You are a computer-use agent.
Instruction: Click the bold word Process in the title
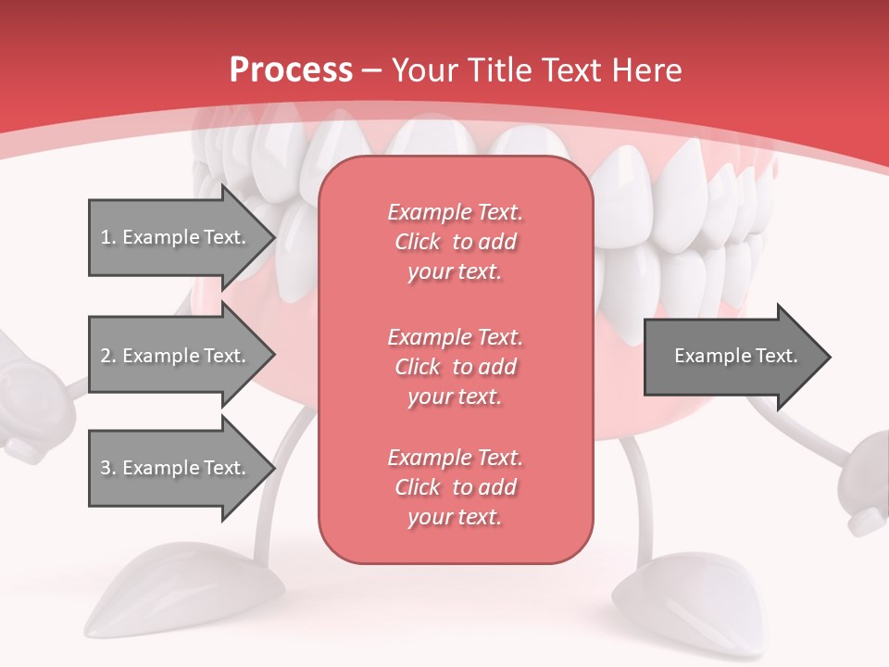[x=291, y=70]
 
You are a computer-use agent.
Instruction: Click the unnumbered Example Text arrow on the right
[x=735, y=356]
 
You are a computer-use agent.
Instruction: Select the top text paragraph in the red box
[x=455, y=242]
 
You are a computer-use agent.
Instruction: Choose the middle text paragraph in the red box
[x=455, y=366]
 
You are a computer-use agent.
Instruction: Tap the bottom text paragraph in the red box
[x=455, y=487]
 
